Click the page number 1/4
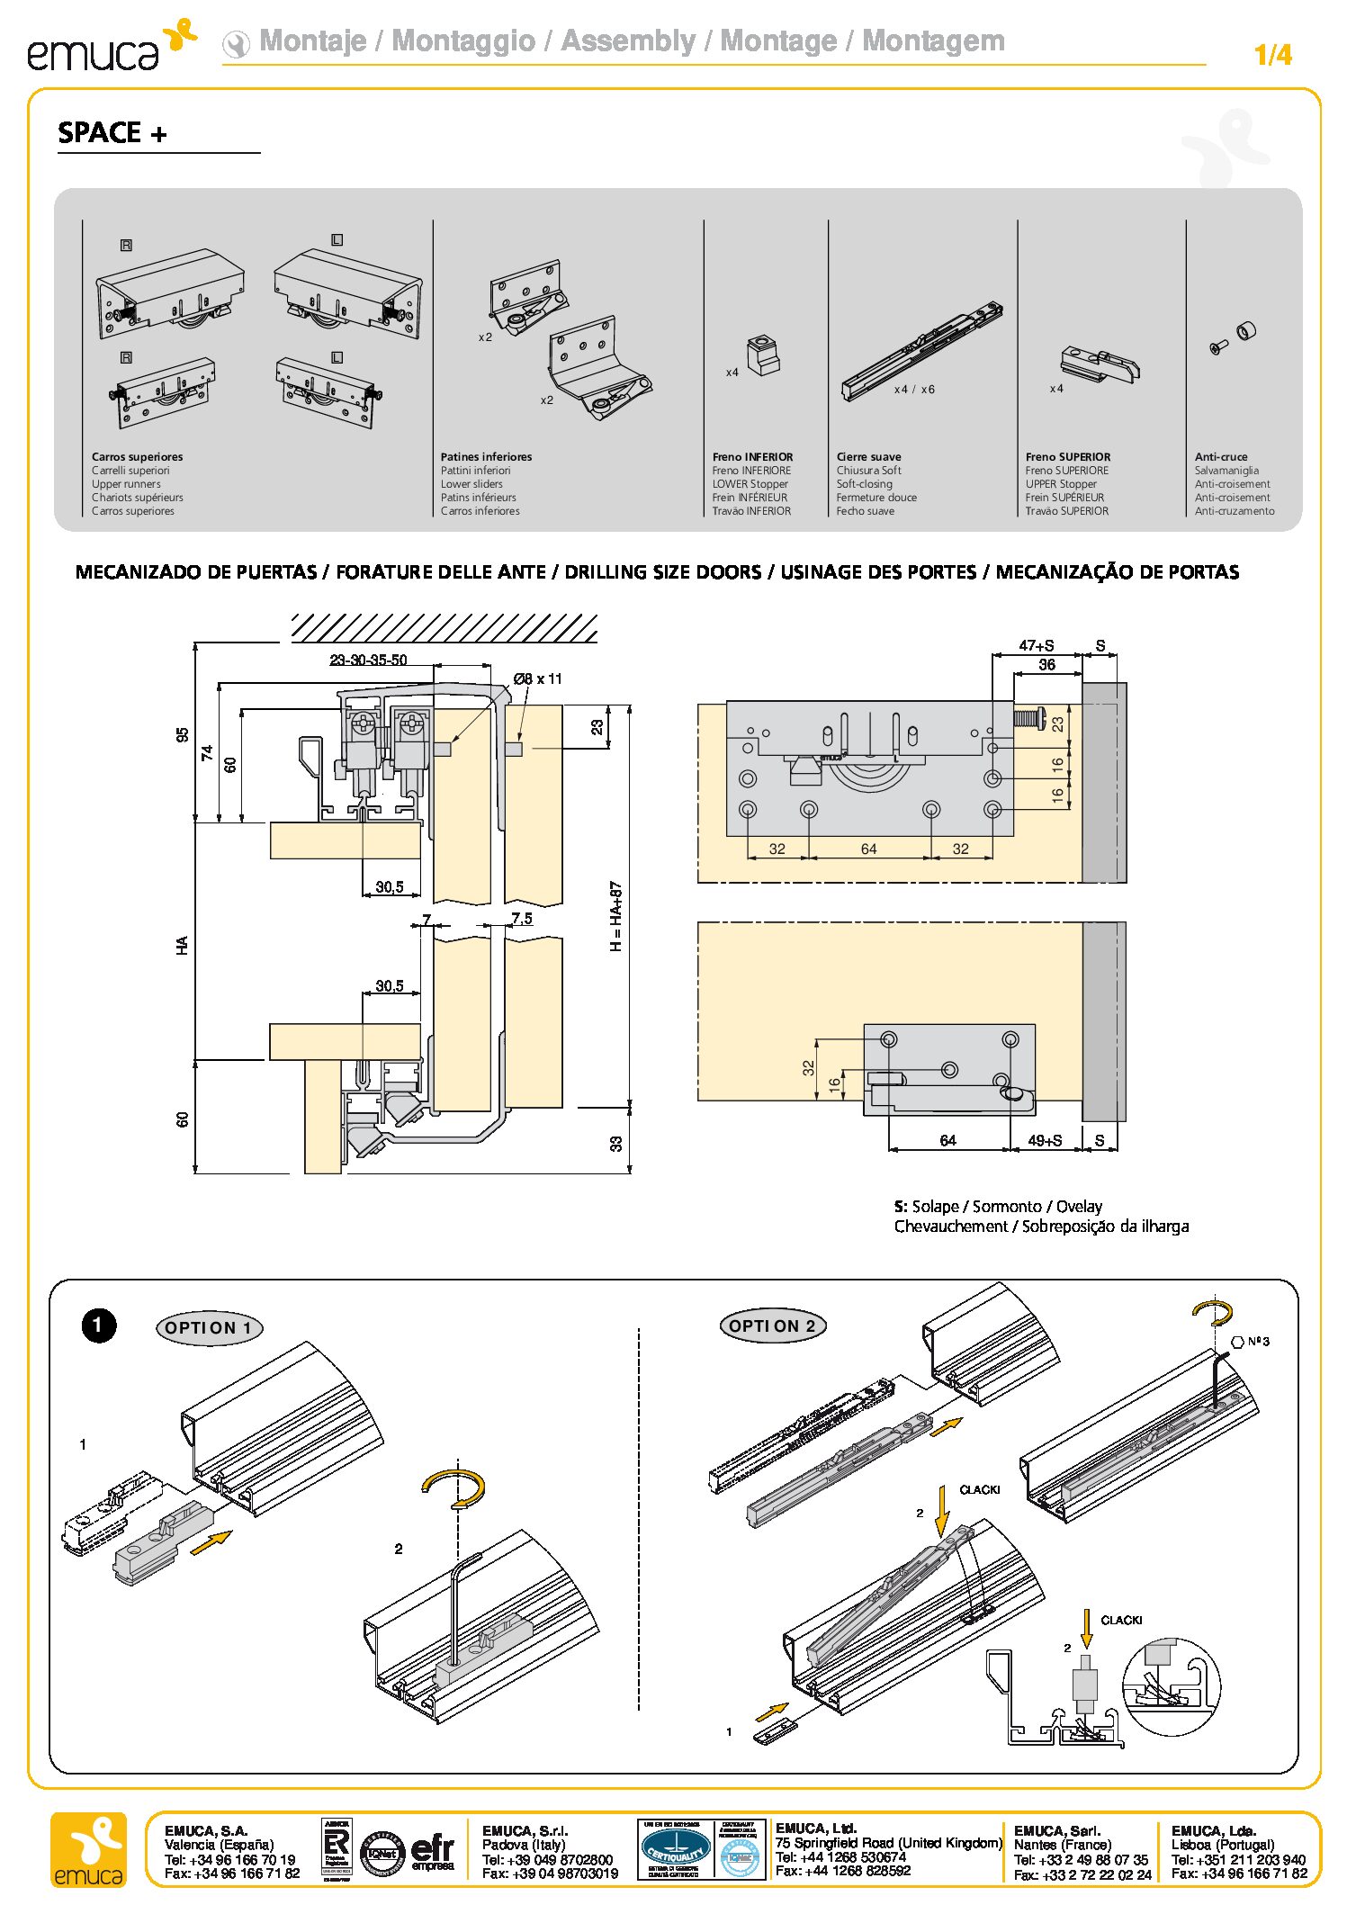pos(1272,55)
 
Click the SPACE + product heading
pos(112,133)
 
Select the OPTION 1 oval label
pos(210,1327)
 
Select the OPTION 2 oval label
pos(773,1325)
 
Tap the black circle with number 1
pos(99,1325)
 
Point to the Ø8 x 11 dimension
pos(537,678)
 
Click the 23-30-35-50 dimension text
pos(368,660)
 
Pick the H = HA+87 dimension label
pos(616,915)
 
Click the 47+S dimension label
pos(1036,645)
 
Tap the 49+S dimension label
pos(1045,1140)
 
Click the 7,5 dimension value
pos(522,919)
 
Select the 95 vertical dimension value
pos(183,735)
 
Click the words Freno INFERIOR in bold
pos(752,457)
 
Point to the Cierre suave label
pos(868,457)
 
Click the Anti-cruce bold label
pos(1221,457)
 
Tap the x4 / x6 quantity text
pos(914,390)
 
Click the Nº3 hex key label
pos(1258,1342)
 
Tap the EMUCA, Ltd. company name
pos(815,1828)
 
